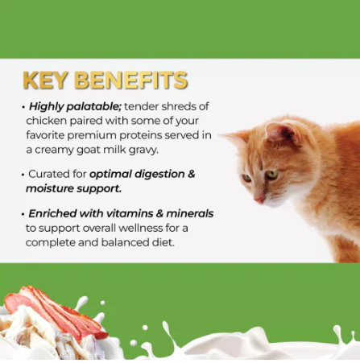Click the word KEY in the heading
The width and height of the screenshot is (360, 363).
(x=45, y=80)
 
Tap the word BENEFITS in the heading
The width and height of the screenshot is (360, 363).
(x=130, y=80)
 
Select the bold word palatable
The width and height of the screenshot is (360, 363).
(x=94, y=107)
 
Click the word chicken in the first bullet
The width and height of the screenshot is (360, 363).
(x=46, y=121)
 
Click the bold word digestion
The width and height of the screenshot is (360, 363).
(x=159, y=175)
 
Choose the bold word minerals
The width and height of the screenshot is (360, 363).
(x=190, y=213)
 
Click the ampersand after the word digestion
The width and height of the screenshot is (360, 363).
(x=191, y=174)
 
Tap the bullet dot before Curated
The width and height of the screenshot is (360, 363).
(x=23, y=175)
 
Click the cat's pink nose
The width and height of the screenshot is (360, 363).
(x=259, y=200)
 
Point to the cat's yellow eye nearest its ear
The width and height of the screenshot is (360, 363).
(x=271, y=175)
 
